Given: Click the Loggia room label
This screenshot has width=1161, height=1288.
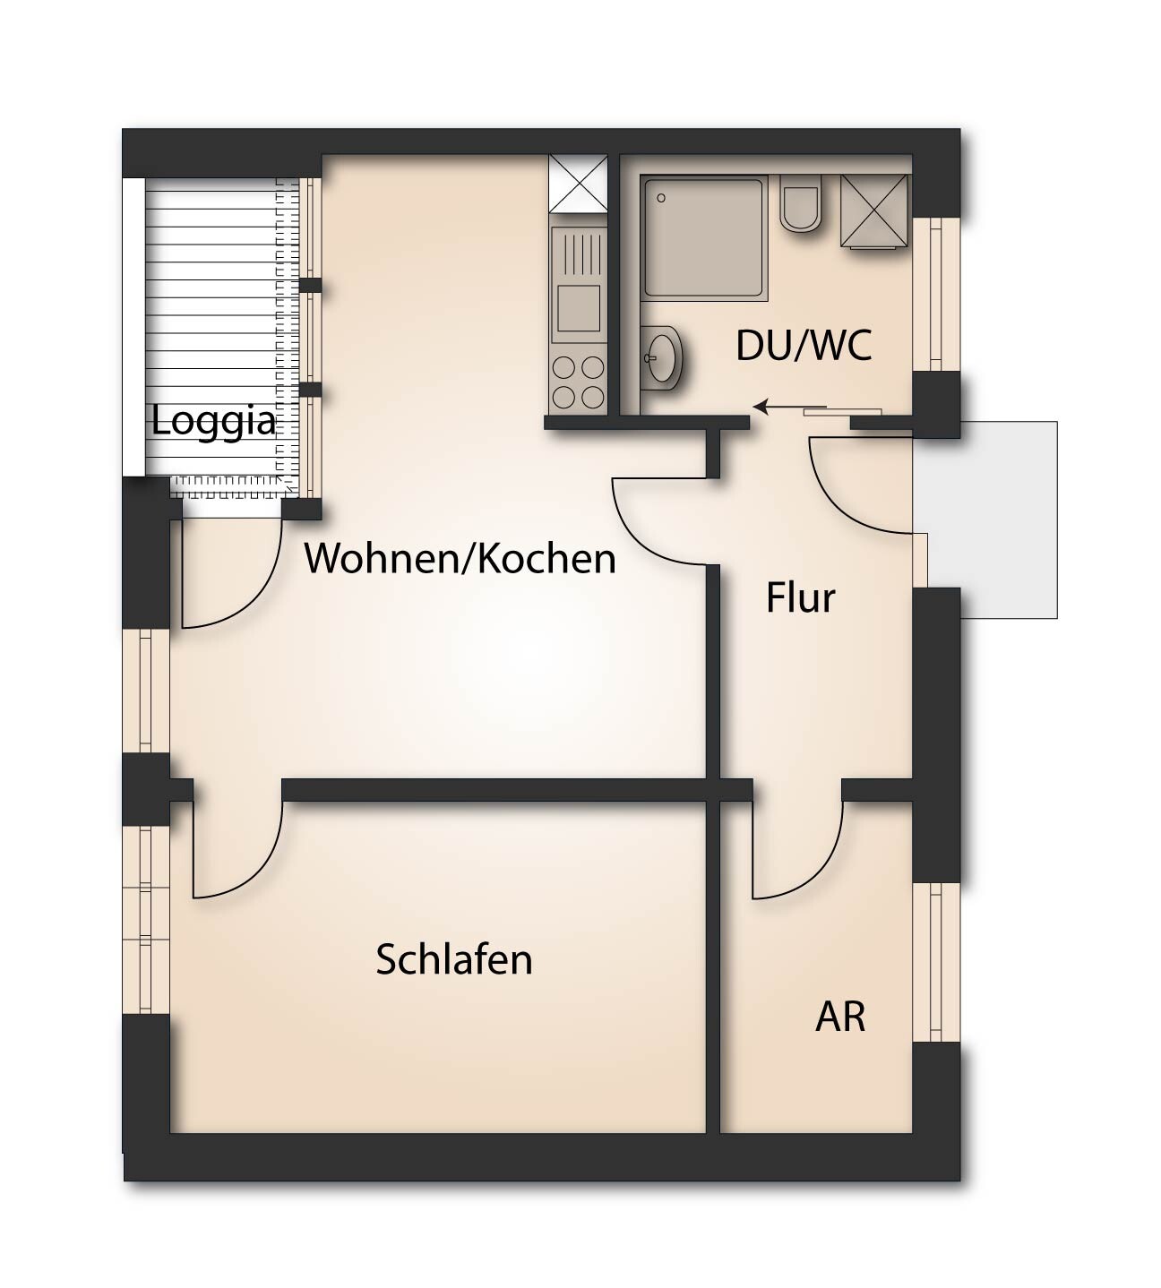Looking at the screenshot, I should (213, 421).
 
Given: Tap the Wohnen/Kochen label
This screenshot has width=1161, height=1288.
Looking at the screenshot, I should (460, 558).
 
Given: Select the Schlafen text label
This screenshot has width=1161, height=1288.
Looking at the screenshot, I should (453, 959).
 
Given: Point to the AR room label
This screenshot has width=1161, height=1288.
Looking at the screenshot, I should (840, 1017).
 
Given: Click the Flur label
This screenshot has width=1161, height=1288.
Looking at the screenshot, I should (800, 597).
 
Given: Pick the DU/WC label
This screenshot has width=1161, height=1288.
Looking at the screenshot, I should (804, 346).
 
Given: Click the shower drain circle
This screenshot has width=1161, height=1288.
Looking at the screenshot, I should (661, 198).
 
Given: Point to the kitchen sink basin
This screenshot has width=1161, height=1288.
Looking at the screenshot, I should (579, 308).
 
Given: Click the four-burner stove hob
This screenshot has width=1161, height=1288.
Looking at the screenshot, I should (578, 382).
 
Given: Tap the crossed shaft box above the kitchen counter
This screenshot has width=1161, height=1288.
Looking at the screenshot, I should (578, 184).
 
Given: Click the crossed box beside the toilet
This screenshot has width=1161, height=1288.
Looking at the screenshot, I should (874, 211).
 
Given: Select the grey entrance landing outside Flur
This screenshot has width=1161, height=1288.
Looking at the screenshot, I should (994, 519).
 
